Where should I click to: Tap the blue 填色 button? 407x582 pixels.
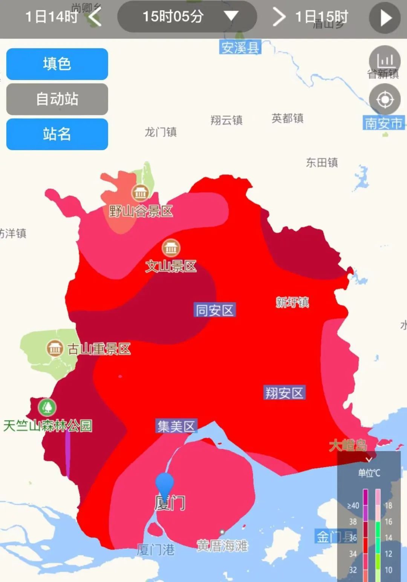click(x=57, y=64)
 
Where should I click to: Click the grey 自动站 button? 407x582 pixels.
click(x=57, y=99)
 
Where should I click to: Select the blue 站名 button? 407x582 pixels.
click(x=57, y=134)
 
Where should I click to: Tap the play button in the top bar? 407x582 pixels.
click(x=385, y=18)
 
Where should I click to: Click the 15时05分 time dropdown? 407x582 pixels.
click(x=187, y=17)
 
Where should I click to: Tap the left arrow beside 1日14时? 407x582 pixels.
click(x=95, y=17)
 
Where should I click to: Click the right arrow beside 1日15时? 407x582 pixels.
click(x=279, y=17)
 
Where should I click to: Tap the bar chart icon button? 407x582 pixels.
click(x=385, y=60)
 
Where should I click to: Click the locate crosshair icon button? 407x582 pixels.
click(x=385, y=99)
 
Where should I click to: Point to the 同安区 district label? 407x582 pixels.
click(x=215, y=310)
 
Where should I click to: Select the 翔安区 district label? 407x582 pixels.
click(x=284, y=393)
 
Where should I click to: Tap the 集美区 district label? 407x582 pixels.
click(x=176, y=426)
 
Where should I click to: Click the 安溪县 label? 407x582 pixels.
click(x=240, y=47)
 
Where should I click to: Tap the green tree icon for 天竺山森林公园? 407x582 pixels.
click(x=47, y=407)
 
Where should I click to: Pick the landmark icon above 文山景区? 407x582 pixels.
click(x=171, y=248)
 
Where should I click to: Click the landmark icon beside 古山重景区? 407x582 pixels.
click(x=55, y=348)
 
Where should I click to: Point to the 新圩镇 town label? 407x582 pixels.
click(x=292, y=302)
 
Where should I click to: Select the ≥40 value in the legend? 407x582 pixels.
click(x=353, y=506)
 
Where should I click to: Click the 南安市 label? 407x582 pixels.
click(x=384, y=123)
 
